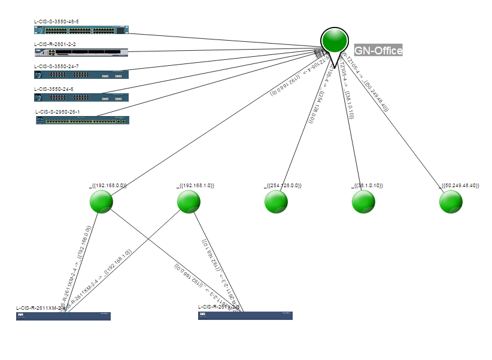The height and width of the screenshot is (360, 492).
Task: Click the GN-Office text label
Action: coord(378,51)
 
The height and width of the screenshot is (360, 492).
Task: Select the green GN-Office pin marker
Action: coord(335,40)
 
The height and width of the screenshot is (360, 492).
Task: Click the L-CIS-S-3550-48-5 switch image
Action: coord(81,30)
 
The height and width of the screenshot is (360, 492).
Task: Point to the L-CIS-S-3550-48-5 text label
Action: coord(56,22)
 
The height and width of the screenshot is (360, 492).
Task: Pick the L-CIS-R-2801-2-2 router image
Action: coord(81,52)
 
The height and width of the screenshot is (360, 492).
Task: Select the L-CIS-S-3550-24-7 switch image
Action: coord(81,75)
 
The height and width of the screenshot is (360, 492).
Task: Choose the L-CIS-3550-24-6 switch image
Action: coord(81,97)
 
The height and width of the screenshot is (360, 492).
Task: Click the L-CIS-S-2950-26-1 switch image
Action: coord(82,120)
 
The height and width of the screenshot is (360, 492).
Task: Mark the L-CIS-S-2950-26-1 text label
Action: coord(57,111)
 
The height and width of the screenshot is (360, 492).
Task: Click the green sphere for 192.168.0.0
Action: coord(101,202)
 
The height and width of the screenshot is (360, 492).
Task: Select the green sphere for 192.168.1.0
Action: coord(189,202)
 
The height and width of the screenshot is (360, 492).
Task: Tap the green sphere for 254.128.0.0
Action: coord(276,202)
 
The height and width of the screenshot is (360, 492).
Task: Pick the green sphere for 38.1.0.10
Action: coord(363,202)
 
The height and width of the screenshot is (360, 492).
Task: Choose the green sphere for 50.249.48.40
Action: coord(451,202)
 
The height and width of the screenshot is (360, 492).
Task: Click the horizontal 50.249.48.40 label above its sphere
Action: coord(460,187)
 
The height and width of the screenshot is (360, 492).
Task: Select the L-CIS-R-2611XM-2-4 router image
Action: coord(63,316)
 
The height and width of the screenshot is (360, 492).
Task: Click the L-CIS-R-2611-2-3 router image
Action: coord(245,315)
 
